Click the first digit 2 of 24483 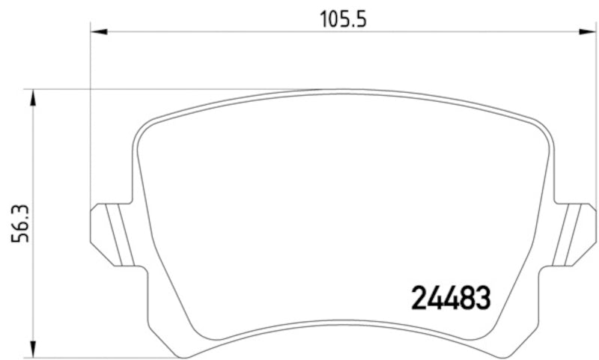tap(418, 298)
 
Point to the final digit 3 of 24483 tap(482, 298)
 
